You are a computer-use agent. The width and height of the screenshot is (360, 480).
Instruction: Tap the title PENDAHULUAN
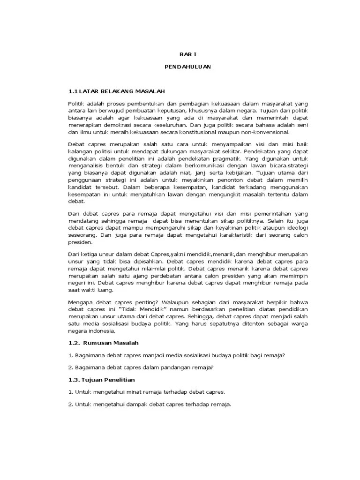187,67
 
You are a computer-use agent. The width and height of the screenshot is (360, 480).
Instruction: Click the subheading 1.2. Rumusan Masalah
103,343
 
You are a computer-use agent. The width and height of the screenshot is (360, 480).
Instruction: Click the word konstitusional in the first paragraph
179,133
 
